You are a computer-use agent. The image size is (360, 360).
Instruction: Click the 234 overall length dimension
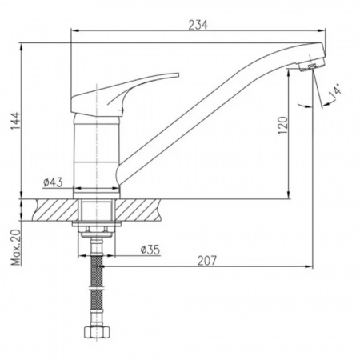click(x=198, y=25)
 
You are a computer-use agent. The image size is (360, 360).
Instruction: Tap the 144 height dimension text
click(x=15, y=121)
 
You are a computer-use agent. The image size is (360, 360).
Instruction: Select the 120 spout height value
click(x=283, y=126)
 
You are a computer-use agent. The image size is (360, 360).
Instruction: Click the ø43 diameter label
click(x=53, y=182)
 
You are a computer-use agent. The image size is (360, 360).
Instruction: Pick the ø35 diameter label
click(x=150, y=250)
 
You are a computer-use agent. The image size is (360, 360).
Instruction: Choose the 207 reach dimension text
click(x=207, y=261)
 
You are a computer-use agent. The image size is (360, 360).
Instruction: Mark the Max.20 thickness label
click(x=16, y=247)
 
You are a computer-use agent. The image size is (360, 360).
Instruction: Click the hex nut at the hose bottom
click(x=97, y=331)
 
